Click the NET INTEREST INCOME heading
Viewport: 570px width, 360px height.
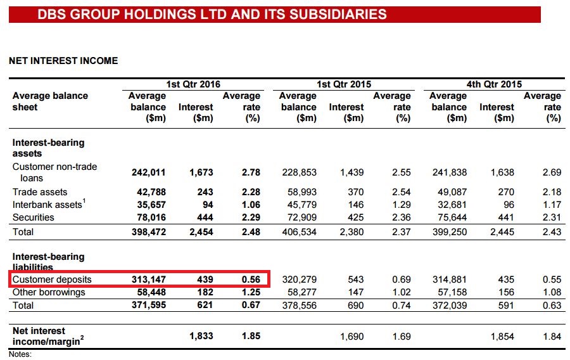(x=63, y=61)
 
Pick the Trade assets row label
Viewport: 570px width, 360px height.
(x=40, y=192)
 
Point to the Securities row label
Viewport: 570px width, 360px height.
(x=34, y=217)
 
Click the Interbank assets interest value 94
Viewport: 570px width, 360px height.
(x=206, y=205)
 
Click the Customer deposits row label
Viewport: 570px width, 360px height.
(x=52, y=280)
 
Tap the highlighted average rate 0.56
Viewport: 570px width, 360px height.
(x=251, y=280)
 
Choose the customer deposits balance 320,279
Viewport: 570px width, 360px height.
(x=298, y=280)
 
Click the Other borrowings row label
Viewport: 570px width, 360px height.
(x=49, y=292)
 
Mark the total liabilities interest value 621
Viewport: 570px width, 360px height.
(x=205, y=305)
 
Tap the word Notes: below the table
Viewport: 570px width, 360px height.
(x=20, y=354)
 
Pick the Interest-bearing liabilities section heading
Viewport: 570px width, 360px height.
(x=48, y=262)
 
